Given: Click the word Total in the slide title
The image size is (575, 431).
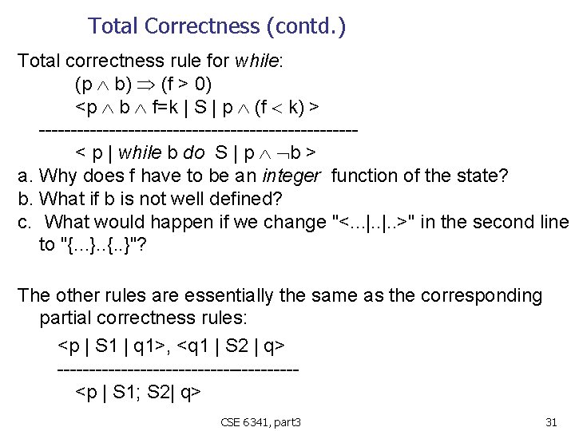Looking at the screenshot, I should (x=114, y=26).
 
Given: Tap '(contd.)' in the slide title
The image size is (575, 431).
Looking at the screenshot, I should (x=309, y=26).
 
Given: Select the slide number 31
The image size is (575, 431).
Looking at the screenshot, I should (x=550, y=421).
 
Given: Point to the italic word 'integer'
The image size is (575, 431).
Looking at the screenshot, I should (x=291, y=176).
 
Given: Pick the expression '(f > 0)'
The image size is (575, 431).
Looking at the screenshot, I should (x=186, y=84).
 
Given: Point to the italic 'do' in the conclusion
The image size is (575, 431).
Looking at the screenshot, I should (x=193, y=152).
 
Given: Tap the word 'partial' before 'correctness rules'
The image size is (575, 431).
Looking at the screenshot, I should (x=66, y=318).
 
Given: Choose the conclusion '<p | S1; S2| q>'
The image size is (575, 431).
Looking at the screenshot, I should (x=137, y=392).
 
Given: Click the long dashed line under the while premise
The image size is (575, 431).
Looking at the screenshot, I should (x=198, y=129).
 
